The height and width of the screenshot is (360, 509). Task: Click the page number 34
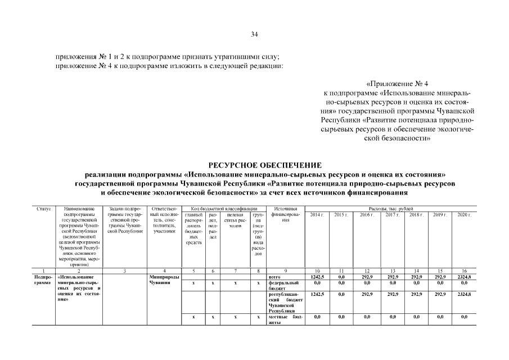tap(254, 34)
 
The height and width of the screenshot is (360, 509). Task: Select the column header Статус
tap(44, 209)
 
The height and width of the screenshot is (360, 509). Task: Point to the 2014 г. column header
tap(317, 215)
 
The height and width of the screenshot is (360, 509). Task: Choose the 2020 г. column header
tap(464, 215)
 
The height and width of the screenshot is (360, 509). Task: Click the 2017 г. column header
tap(393, 215)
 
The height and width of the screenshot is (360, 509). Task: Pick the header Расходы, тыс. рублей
tap(390, 209)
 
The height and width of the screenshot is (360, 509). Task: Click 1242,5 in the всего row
tap(317, 277)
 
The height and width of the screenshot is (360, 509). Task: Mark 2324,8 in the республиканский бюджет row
tap(464, 295)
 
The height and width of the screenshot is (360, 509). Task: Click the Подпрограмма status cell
tap(44, 280)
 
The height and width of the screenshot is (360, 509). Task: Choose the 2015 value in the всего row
tap(341, 277)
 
